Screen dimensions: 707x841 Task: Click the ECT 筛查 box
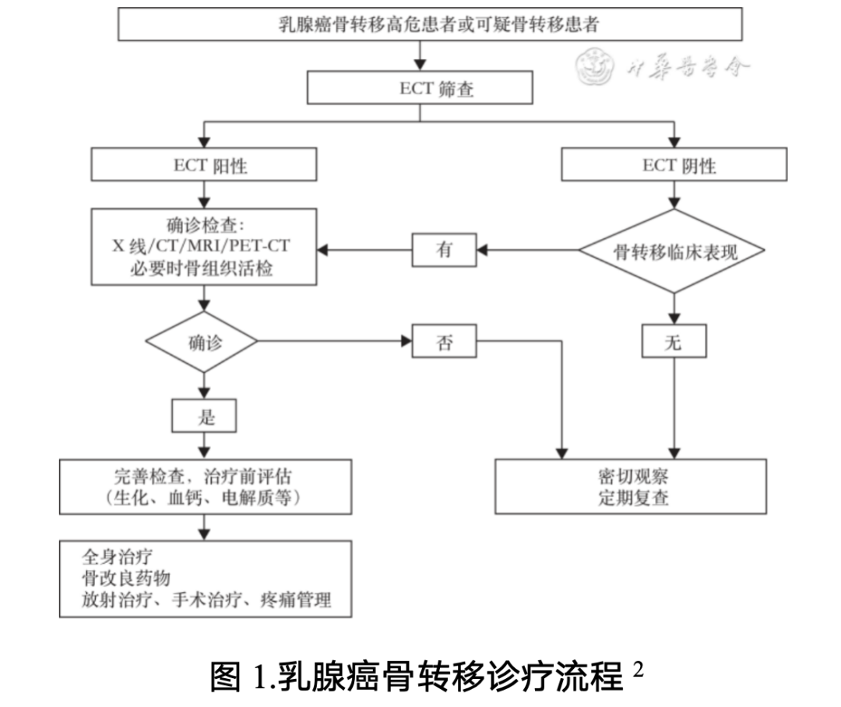(x=420, y=87)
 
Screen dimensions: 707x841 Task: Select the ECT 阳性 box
(x=204, y=165)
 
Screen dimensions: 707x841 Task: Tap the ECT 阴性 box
(x=674, y=165)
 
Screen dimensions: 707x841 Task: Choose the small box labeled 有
(x=444, y=250)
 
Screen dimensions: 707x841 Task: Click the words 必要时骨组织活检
(x=204, y=269)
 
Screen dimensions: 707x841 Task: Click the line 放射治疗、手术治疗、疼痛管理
(x=206, y=600)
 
